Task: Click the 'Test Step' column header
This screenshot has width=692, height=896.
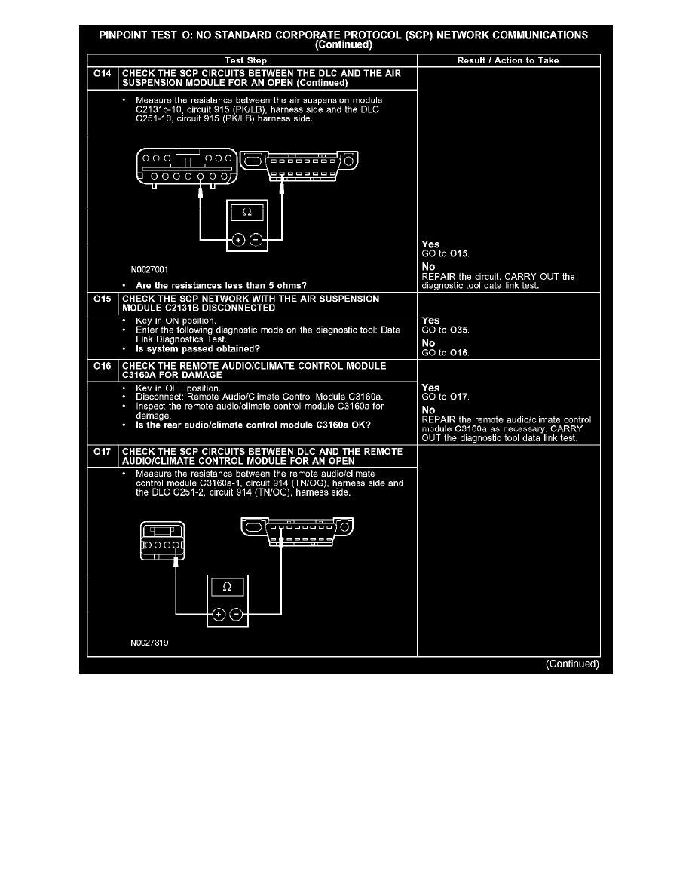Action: [246, 60]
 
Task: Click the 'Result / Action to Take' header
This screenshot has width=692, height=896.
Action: [508, 60]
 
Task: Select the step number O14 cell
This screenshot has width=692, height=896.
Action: [103, 73]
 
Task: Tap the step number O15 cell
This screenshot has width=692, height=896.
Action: [103, 298]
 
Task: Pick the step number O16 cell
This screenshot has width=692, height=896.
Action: [103, 366]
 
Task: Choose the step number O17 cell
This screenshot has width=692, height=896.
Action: [103, 452]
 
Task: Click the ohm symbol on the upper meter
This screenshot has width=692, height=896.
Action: [246, 212]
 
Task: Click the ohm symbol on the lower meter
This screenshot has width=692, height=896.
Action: [227, 587]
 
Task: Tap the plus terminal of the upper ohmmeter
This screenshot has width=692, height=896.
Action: [239, 240]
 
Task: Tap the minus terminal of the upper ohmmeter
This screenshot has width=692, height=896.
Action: [256, 240]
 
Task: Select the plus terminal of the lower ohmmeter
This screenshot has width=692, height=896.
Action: [218, 615]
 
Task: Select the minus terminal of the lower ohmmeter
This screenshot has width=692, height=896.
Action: [236, 615]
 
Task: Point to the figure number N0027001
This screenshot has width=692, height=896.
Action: [149, 270]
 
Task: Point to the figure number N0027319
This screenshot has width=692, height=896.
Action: [149, 643]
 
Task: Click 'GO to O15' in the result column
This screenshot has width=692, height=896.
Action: [446, 253]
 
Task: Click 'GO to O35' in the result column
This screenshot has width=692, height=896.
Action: [446, 330]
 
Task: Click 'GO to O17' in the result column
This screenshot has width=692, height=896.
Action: [446, 397]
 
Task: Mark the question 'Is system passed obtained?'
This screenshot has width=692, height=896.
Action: [197, 349]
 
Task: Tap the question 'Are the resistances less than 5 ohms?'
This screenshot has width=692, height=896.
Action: [221, 286]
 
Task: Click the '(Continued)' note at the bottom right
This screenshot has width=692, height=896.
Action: [572, 664]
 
